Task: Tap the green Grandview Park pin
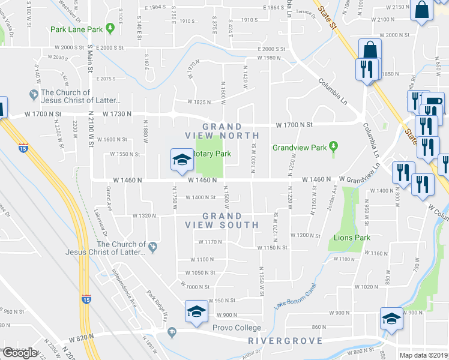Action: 334,147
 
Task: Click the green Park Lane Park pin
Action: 110,28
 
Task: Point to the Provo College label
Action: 237,328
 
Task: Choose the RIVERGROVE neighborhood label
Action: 285,341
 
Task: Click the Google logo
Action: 20,353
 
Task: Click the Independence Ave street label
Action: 124,280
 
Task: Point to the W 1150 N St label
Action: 271,247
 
